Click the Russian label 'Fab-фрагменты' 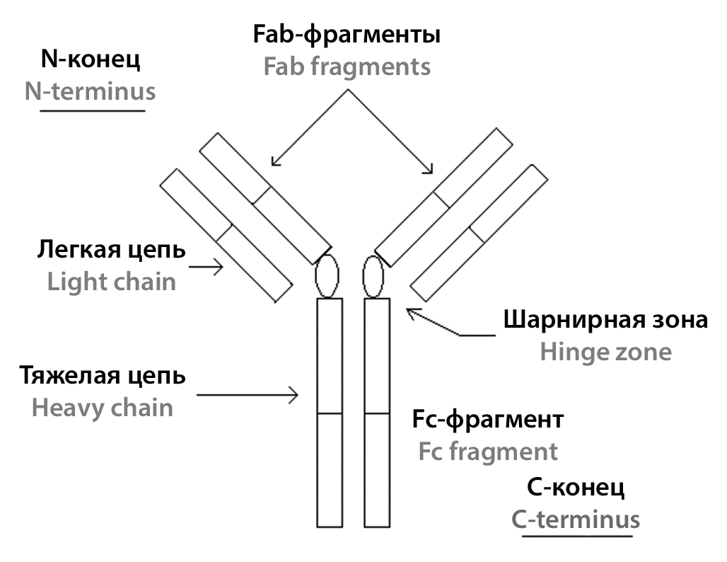coord(347,35)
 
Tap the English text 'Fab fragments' coord(347,67)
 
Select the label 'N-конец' coord(91,59)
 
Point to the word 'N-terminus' coord(91,92)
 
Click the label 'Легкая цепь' coord(112,250)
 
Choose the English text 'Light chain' coord(112,282)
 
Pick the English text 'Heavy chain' coord(103,408)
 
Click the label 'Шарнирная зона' coord(605,320)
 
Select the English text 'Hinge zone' coord(605,352)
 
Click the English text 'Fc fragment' coord(488,451)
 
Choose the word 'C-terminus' coord(576,520)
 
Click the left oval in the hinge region coord(326,277)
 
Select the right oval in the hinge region coord(373,277)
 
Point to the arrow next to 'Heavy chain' coord(248,394)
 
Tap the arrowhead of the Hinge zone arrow coord(411,311)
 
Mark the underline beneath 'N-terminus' coord(93,110)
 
